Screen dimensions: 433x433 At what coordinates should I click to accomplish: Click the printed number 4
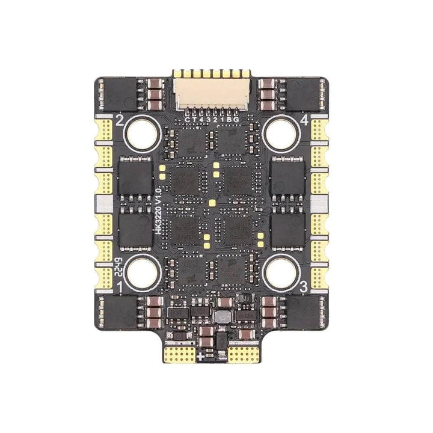304,121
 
